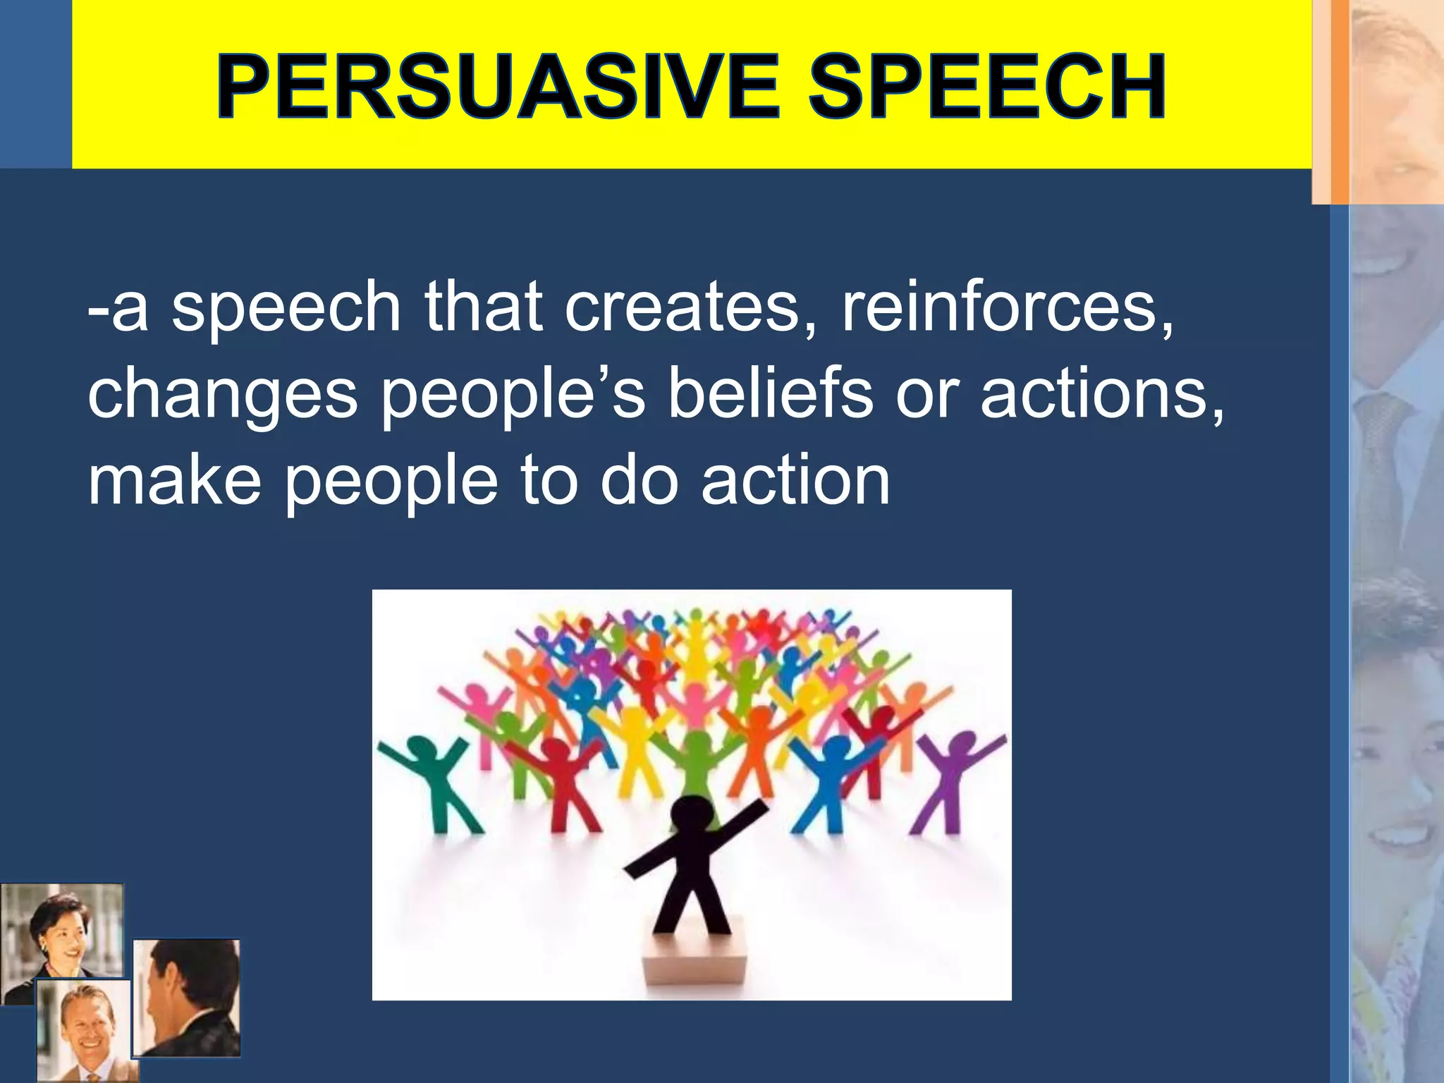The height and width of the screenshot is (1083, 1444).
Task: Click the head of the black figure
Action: click(692, 817)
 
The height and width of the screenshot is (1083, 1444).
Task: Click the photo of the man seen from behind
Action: click(187, 998)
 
